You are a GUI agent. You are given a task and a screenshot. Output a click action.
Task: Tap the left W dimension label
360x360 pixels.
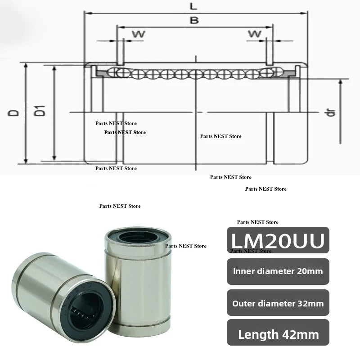coord(135,34)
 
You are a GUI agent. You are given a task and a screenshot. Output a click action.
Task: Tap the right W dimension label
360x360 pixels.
coord(255,34)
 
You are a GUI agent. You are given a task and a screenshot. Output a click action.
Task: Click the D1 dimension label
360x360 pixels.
coord(41,109)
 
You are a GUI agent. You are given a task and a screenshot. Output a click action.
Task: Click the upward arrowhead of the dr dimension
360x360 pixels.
coord(340,81)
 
